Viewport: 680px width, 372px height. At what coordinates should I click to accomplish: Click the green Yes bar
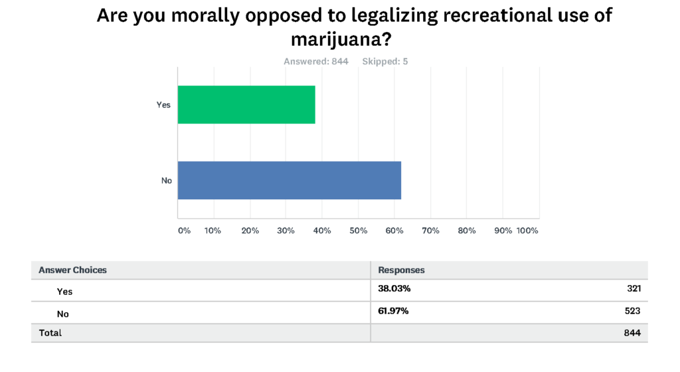coord(246,104)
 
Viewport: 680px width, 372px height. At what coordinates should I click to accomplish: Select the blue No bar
coord(290,180)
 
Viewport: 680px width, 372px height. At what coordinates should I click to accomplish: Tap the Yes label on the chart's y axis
coord(163,105)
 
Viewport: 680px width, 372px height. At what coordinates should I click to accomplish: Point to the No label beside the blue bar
coord(166,180)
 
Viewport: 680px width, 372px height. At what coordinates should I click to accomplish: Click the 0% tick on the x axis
coord(184,231)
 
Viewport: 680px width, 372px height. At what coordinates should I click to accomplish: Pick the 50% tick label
coord(359,231)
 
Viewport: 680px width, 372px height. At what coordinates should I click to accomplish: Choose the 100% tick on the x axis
coord(527,231)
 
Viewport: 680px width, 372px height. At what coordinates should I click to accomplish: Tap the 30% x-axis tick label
coord(286,231)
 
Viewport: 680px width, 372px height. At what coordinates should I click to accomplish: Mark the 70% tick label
coord(431,231)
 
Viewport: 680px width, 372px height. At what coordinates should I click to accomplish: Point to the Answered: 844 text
coord(315,62)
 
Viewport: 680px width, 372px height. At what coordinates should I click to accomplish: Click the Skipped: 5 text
coord(385,62)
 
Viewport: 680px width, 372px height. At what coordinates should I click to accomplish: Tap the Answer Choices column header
coord(72,270)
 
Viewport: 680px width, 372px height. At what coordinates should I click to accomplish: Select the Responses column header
coord(401,270)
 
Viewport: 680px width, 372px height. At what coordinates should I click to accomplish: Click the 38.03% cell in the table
coord(394,289)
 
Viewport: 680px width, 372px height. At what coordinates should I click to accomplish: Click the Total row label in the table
coord(50,333)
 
